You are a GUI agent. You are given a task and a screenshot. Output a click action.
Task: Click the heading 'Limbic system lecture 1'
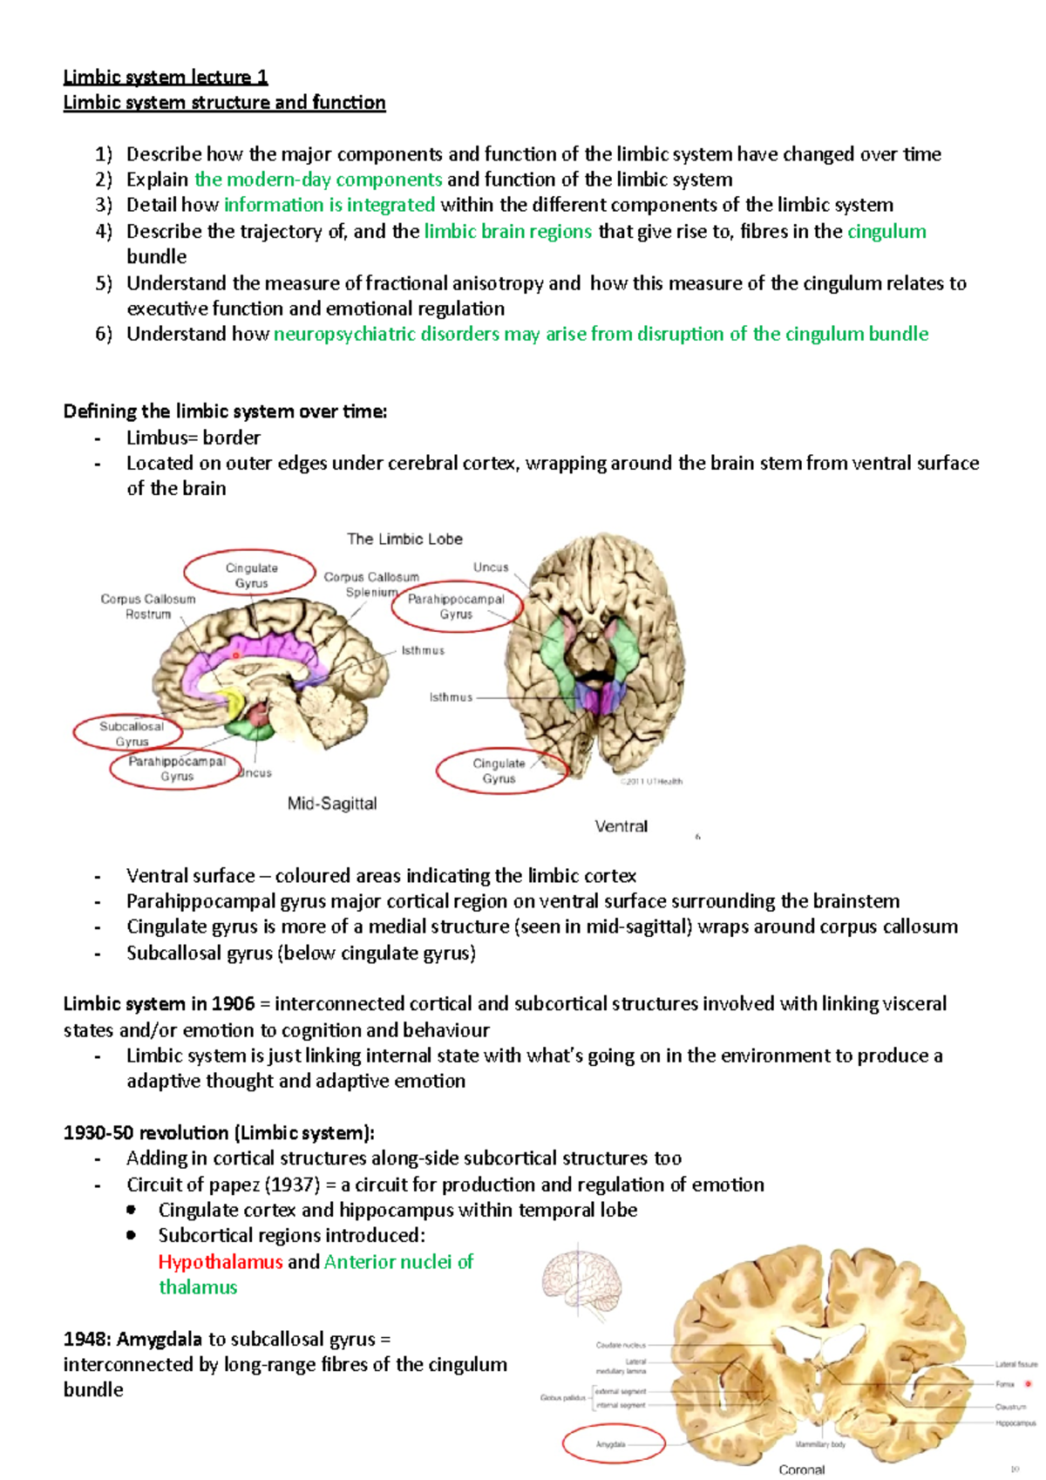(166, 78)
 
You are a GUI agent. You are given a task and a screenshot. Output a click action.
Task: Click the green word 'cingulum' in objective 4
(886, 232)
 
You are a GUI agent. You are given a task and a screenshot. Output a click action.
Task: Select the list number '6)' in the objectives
(104, 335)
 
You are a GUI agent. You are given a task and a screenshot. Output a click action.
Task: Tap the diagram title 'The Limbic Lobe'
(404, 540)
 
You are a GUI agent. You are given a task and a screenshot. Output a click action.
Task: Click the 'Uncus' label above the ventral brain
(491, 567)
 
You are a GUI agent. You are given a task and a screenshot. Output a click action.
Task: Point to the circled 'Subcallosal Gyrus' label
(132, 734)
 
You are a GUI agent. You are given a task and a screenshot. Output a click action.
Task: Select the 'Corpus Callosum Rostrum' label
(148, 607)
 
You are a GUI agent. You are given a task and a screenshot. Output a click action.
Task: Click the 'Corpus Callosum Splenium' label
(371, 584)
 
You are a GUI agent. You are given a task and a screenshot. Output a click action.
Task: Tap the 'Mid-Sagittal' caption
(332, 804)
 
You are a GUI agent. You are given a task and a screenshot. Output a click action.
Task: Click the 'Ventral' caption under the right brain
(621, 826)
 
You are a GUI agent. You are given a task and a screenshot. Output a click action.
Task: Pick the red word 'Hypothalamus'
(221, 1262)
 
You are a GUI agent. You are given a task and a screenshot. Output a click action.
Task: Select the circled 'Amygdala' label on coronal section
(611, 1444)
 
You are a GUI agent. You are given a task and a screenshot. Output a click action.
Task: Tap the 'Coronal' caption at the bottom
(801, 1470)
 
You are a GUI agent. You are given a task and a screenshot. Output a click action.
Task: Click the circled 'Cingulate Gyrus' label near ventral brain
(499, 771)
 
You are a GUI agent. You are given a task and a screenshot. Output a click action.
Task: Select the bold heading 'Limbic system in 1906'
(159, 1004)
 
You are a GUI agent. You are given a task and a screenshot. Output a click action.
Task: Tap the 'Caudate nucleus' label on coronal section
(621, 1345)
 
